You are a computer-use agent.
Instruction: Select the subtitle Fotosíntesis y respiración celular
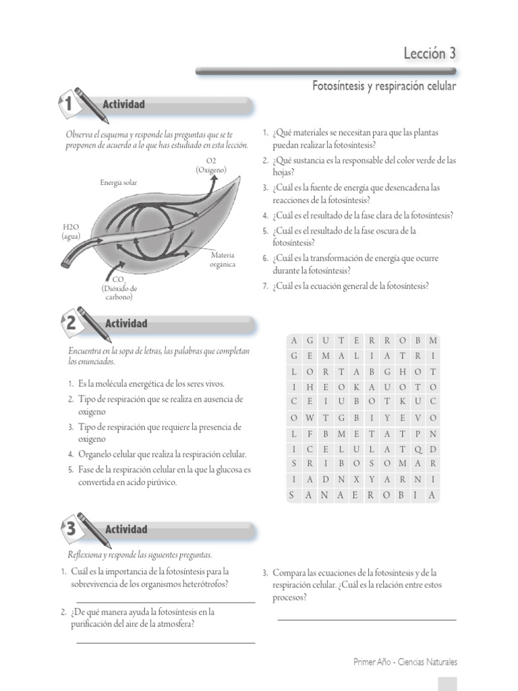[x=384, y=86]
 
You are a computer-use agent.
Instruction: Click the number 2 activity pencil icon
[x=76, y=323]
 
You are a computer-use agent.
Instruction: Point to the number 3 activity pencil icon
[x=76, y=528]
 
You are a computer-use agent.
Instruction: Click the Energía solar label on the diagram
[x=118, y=182]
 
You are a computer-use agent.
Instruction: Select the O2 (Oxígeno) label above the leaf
[x=211, y=165]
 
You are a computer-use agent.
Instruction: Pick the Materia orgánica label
[x=223, y=260]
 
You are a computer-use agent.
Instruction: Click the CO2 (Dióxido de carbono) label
[x=118, y=287]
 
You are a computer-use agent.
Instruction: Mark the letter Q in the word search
[x=418, y=449]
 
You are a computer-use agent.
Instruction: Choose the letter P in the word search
[x=418, y=433]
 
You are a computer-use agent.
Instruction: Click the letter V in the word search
[x=418, y=418]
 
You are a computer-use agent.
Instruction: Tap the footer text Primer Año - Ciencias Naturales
[x=405, y=662]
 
